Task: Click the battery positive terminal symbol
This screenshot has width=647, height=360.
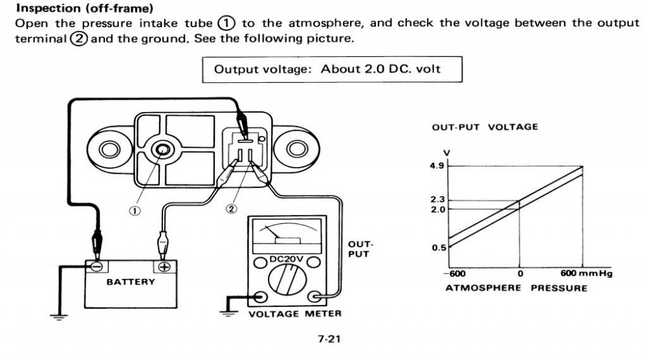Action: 164,266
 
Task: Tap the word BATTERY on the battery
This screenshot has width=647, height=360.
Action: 131,282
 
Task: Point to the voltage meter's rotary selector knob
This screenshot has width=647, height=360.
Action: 287,284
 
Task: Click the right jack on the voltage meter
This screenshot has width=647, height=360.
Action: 316,297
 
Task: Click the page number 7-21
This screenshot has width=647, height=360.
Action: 330,338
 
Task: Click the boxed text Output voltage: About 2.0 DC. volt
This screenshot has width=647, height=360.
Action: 327,69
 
